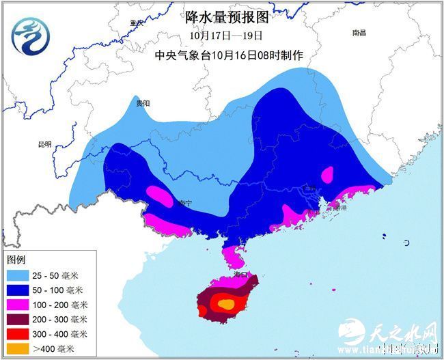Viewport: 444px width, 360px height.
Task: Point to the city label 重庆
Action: [x=137, y=23]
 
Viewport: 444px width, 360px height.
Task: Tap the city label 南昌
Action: [x=359, y=33]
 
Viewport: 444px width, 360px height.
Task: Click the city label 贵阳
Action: [x=142, y=103]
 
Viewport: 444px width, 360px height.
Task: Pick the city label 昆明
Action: [x=44, y=144]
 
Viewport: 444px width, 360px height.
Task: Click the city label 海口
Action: [x=239, y=273]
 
